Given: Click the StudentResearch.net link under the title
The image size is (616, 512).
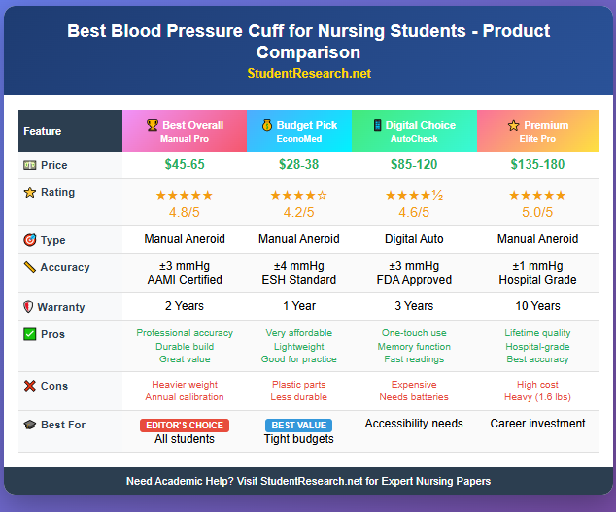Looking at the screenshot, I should click(x=308, y=73).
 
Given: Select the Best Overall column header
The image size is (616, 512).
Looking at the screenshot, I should click(x=184, y=131).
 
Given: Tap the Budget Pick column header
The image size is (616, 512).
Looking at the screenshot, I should click(x=299, y=131).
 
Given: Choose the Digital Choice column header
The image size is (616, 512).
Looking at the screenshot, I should click(x=414, y=131).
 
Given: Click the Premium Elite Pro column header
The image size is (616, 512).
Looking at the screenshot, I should click(x=537, y=131).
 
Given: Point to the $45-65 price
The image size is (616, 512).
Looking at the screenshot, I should click(x=184, y=165).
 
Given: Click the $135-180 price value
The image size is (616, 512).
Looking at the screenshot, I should click(x=537, y=165).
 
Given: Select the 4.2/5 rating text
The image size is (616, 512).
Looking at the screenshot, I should click(x=299, y=213).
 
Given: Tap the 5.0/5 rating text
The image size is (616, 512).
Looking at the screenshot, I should click(x=537, y=213).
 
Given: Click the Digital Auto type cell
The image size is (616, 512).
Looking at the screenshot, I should click(x=414, y=239).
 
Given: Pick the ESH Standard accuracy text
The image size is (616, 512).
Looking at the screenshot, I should click(x=299, y=280).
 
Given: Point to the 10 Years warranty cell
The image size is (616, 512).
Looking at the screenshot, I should click(x=537, y=306).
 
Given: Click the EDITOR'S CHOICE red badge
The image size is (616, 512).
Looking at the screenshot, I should click(x=184, y=426).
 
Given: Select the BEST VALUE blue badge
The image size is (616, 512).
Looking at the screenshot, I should click(x=299, y=426).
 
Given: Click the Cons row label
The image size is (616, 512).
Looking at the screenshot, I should click(x=54, y=386).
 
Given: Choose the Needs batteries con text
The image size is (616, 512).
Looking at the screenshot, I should click(x=414, y=397).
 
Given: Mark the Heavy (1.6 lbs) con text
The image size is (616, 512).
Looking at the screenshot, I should click(x=537, y=397).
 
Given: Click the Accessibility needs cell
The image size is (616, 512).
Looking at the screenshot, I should click(x=414, y=424).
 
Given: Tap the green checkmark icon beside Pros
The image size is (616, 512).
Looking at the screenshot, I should click(x=30, y=334).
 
